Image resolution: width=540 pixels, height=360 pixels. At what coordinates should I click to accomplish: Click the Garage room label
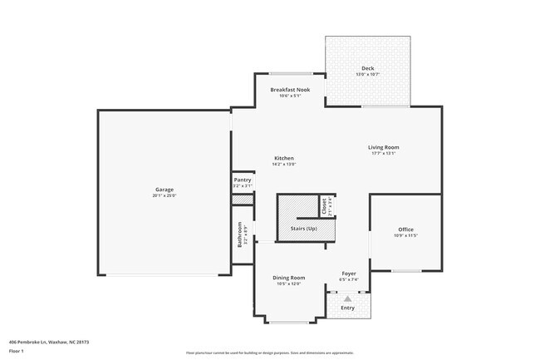(x=164, y=189)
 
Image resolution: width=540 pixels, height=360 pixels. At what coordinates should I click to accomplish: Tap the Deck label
(x=367, y=68)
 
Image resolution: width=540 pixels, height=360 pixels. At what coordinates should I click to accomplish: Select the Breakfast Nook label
(x=291, y=89)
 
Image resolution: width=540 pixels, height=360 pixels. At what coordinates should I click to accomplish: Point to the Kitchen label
(x=284, y=158)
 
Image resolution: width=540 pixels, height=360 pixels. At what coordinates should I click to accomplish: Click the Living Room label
(x=384, y=147)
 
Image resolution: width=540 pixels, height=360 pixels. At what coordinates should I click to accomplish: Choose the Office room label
(x=405, y=229)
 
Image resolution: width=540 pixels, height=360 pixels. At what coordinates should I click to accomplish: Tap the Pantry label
(x=243, y=180)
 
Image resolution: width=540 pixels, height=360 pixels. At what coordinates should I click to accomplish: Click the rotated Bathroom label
(x=240, y=235)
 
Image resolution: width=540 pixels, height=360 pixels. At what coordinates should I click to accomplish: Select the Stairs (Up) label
(x=303, y=228)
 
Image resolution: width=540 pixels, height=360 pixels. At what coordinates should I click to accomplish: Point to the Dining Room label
(x=290, y=278)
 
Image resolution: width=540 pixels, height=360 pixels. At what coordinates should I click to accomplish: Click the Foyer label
(x=349, y=274)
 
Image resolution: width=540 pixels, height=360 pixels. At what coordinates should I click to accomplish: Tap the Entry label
(x=347, y=308)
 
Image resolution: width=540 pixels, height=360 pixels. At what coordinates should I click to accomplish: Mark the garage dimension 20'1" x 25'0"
(x=164, y=195)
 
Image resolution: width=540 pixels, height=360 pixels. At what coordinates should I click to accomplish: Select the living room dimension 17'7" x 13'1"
(x=384, y=154)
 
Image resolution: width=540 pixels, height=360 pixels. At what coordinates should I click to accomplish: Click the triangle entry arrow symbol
(x=347, y=297)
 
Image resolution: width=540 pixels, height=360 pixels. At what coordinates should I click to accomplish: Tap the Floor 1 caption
(x=17, y=351)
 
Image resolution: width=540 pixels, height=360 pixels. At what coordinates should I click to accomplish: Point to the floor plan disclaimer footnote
(x=269, y=353)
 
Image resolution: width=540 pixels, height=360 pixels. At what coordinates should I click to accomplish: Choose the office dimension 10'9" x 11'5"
(x=405, y=236)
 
